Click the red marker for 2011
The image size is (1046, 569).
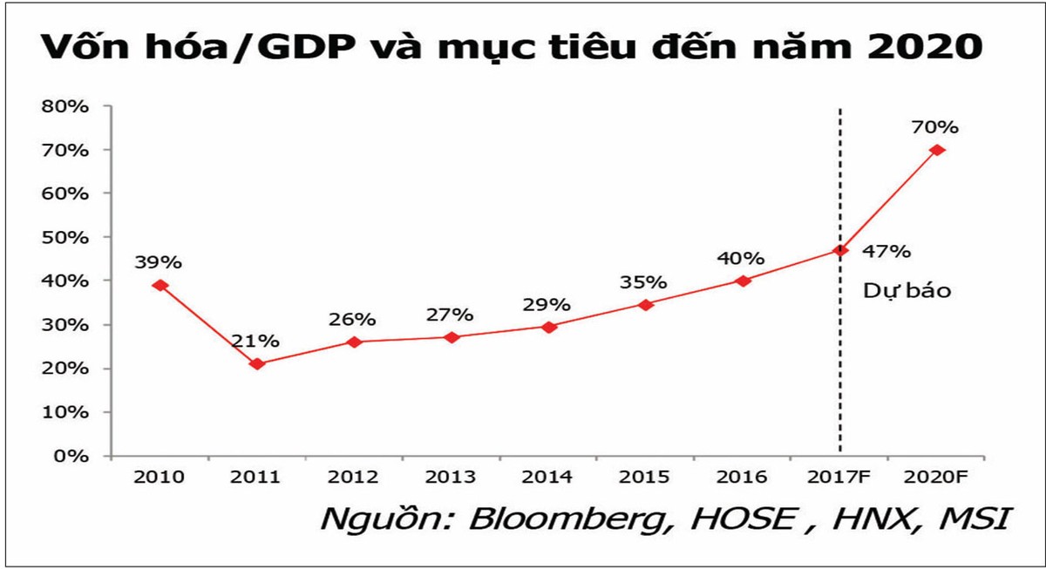click(255, 363)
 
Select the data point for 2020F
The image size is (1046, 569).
click(937, 150)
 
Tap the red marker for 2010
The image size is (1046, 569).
click(159, 285)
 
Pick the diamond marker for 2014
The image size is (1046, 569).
click(549, 327)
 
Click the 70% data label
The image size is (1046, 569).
click(934, 127)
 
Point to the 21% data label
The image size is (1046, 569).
click(255, 340)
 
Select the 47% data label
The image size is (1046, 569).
click(887, 252)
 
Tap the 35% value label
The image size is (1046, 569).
click(643, 282)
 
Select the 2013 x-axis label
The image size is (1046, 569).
click(452, 478)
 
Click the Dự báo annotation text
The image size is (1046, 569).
click(907, 291)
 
